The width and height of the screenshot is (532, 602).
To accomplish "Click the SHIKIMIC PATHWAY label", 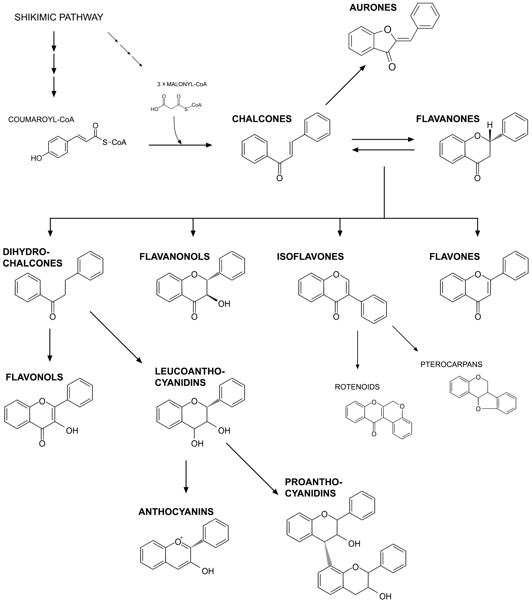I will (59, 17).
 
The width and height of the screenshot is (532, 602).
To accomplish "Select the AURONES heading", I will (373, 8).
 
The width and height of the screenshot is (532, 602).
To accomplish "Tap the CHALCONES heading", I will (262, 119).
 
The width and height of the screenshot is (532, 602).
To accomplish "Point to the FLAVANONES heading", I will (448, 119).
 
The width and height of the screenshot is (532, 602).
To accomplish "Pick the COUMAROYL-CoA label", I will (41, 120).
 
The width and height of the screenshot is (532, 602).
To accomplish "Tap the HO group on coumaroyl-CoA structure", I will (36, 159).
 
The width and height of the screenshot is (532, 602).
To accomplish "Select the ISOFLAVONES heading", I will (310, 257).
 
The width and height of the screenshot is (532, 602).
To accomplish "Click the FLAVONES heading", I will (454, 257).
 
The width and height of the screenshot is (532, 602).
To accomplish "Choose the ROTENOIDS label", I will (357, 387).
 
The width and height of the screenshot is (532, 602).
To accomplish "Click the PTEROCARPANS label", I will (451, 364).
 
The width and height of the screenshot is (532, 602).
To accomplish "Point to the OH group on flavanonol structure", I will (224, 304).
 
